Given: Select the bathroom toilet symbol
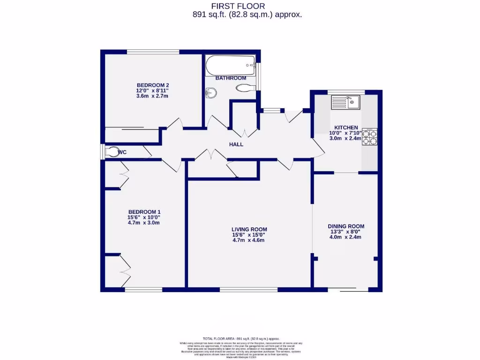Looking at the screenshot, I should pos(244,88).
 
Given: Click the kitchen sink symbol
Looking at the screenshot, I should pos(345,102).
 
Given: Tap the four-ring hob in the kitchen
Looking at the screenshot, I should pos(369,136).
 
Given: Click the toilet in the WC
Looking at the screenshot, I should pos(112,152).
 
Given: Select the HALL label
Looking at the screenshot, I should pos(236,144).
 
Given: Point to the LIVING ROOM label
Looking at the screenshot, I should pos(249,229).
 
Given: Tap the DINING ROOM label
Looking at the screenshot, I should pos(346,226).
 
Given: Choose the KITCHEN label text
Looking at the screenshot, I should pos(346,127).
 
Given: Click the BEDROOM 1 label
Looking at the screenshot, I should pos(144,211).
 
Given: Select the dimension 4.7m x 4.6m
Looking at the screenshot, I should pos(249,240).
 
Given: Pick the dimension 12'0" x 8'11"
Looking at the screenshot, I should pos(152,90).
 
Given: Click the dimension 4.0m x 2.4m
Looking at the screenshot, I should pos(346,237).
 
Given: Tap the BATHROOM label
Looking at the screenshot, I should pos(231,78).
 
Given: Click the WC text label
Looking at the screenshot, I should pos(122,152).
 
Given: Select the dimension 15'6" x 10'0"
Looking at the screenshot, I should pos(144,217).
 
